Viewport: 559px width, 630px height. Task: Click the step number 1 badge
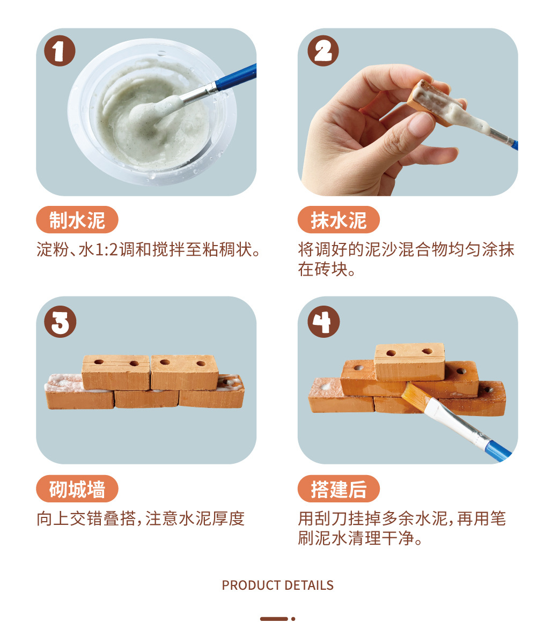[x=60, y=50]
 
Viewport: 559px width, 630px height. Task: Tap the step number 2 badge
[x=323, y=50]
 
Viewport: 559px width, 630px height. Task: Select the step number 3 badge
[x=60, y=321]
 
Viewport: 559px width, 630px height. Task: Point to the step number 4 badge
[x=323, y=321]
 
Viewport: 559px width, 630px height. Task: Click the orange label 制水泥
[x=77, y=220]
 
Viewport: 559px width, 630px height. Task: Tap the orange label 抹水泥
[x=339, y=220]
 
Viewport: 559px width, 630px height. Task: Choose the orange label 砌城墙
[x=77, y=489]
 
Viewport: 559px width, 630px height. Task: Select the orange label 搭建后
[x=339, y=489]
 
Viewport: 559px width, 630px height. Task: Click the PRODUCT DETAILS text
[x=278, y=585]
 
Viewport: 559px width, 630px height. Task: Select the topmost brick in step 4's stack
[x=409, y=361]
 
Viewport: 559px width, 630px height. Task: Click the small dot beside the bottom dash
[x=293, y=619]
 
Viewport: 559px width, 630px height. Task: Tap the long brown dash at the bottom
[x=274, y=619]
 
